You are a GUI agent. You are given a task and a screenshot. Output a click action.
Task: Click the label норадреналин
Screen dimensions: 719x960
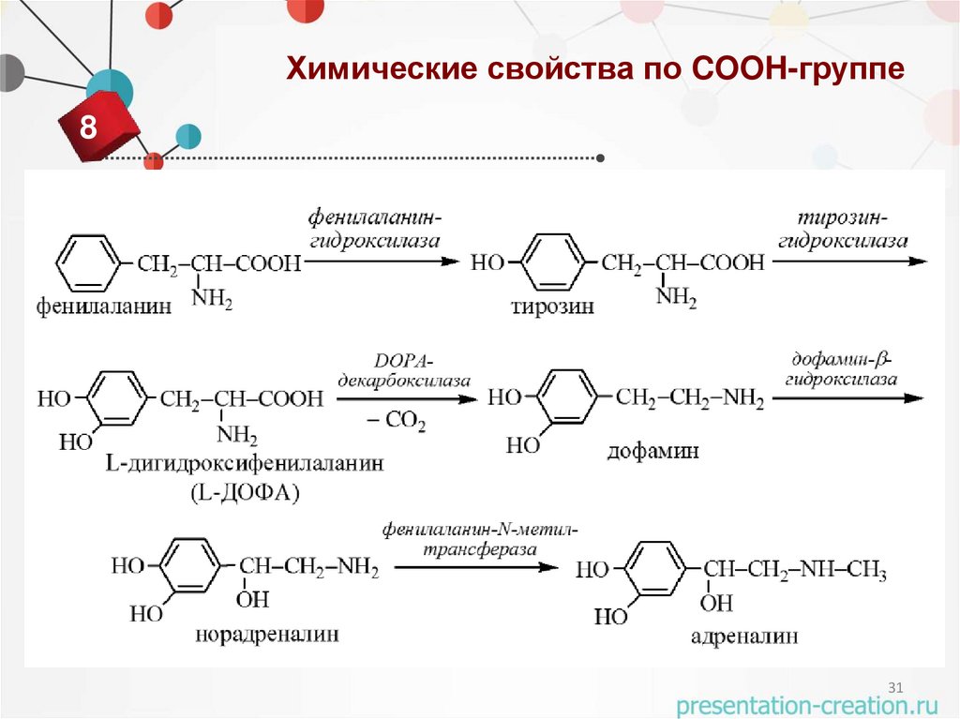click(267, 635)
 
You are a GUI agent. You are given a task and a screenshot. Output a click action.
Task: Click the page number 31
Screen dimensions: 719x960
click(894, 688)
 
